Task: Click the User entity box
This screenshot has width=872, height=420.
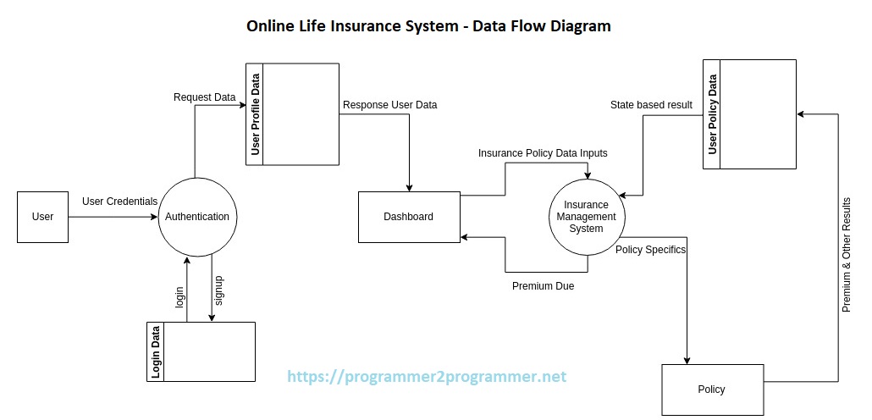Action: [42, 217]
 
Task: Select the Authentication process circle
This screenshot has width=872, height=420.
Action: [196, 217]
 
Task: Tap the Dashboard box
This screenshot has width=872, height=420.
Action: [408, 217]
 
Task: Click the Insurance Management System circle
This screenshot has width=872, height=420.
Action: [586, 217]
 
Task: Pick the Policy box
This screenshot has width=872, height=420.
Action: [711, 390]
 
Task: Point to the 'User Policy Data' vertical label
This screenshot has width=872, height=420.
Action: [712, 114]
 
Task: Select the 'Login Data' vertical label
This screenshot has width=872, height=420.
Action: [156, 351]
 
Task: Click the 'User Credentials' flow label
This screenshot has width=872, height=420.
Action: [119, 202]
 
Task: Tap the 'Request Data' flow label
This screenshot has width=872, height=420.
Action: [204, 97]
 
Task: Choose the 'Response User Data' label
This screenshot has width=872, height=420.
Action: [389, 105]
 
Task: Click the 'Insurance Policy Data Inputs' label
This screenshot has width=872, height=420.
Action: [543, 153]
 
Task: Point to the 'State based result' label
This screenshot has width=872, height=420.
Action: [651, 105]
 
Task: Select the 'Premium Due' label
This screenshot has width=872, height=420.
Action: [543, 286]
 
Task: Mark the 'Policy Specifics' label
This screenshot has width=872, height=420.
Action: [650, 250]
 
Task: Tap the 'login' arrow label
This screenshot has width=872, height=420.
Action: [179, 296]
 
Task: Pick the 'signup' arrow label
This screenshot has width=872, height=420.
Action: [218, 290]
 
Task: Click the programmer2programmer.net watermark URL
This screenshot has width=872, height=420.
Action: [427, 377]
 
